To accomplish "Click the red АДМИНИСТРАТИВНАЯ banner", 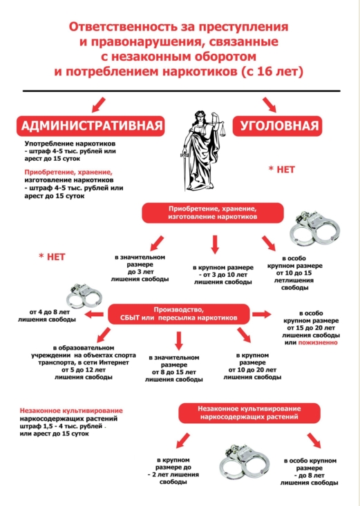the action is (91, 126).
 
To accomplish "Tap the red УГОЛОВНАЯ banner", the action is (278, 126).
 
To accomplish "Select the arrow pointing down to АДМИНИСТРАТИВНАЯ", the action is (99, 104).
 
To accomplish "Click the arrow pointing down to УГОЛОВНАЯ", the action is (269, 104).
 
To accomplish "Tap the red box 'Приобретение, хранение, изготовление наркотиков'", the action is (213, 213).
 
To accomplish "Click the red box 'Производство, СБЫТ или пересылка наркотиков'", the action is (179, 314).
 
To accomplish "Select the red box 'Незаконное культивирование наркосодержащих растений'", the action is (249, 413).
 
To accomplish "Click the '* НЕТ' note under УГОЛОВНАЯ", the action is (282, 169).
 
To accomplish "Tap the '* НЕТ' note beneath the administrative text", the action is (52, 257).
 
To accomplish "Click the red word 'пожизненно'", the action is (318, 342).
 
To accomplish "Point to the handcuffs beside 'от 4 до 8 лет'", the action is (84, 295).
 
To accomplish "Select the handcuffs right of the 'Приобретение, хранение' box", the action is (314, 228).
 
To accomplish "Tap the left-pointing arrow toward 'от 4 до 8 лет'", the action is (94, 314).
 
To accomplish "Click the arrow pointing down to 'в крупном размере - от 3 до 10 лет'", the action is (215, 244).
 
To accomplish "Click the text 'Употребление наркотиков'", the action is (70, 144).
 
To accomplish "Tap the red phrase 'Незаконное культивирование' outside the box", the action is (71, 411).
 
